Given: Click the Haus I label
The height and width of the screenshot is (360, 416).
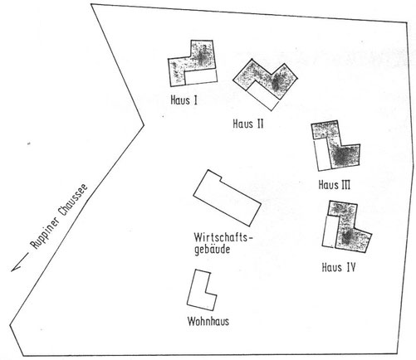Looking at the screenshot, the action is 184,100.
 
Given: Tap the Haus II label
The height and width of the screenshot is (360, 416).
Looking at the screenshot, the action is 248,124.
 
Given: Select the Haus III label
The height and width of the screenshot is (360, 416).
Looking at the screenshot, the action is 335,185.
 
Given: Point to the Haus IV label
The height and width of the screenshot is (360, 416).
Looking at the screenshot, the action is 339,267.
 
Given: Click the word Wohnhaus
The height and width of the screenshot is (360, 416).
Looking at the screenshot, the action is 208,321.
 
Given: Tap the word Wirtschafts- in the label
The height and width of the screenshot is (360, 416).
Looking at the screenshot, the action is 223,237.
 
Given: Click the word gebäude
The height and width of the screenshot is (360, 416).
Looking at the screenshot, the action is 213,250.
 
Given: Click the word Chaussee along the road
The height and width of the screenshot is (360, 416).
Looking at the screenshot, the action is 73,200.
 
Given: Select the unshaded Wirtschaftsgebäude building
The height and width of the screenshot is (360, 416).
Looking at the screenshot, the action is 227,197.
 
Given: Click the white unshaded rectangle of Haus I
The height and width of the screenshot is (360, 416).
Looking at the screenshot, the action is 201,76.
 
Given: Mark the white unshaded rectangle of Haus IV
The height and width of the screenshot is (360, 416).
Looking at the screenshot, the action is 330,231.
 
